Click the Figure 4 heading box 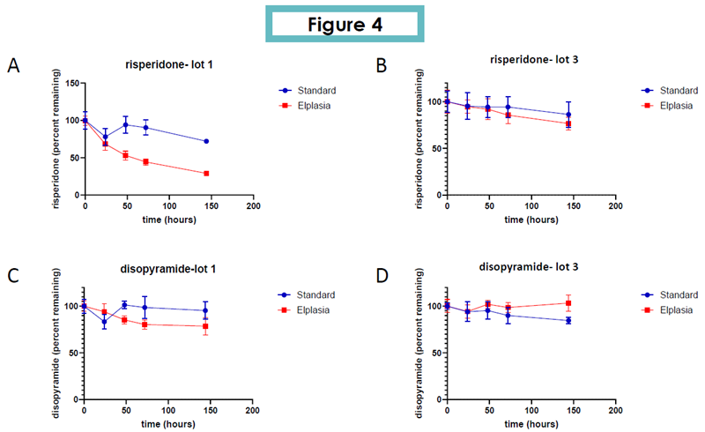(x=345, y=24)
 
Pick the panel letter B (x=382, y=66)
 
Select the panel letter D (x=382, y=274)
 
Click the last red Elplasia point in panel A (x=206, y=174)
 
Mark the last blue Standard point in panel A (x=206, y=141)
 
